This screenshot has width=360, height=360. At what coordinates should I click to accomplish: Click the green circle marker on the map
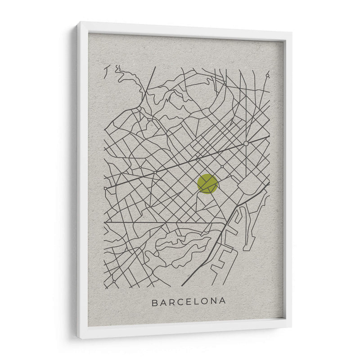tap(207, 184)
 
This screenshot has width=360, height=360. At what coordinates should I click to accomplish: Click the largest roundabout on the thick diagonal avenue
tap(246, 144)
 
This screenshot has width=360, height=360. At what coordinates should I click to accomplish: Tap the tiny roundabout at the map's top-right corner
tap(267, 76)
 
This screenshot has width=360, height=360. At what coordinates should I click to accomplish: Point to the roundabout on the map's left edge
tap(105, 188)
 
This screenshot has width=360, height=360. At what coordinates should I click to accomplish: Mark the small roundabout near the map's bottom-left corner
tap(114, 282)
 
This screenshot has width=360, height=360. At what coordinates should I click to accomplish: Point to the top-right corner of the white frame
tap(291, 32)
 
